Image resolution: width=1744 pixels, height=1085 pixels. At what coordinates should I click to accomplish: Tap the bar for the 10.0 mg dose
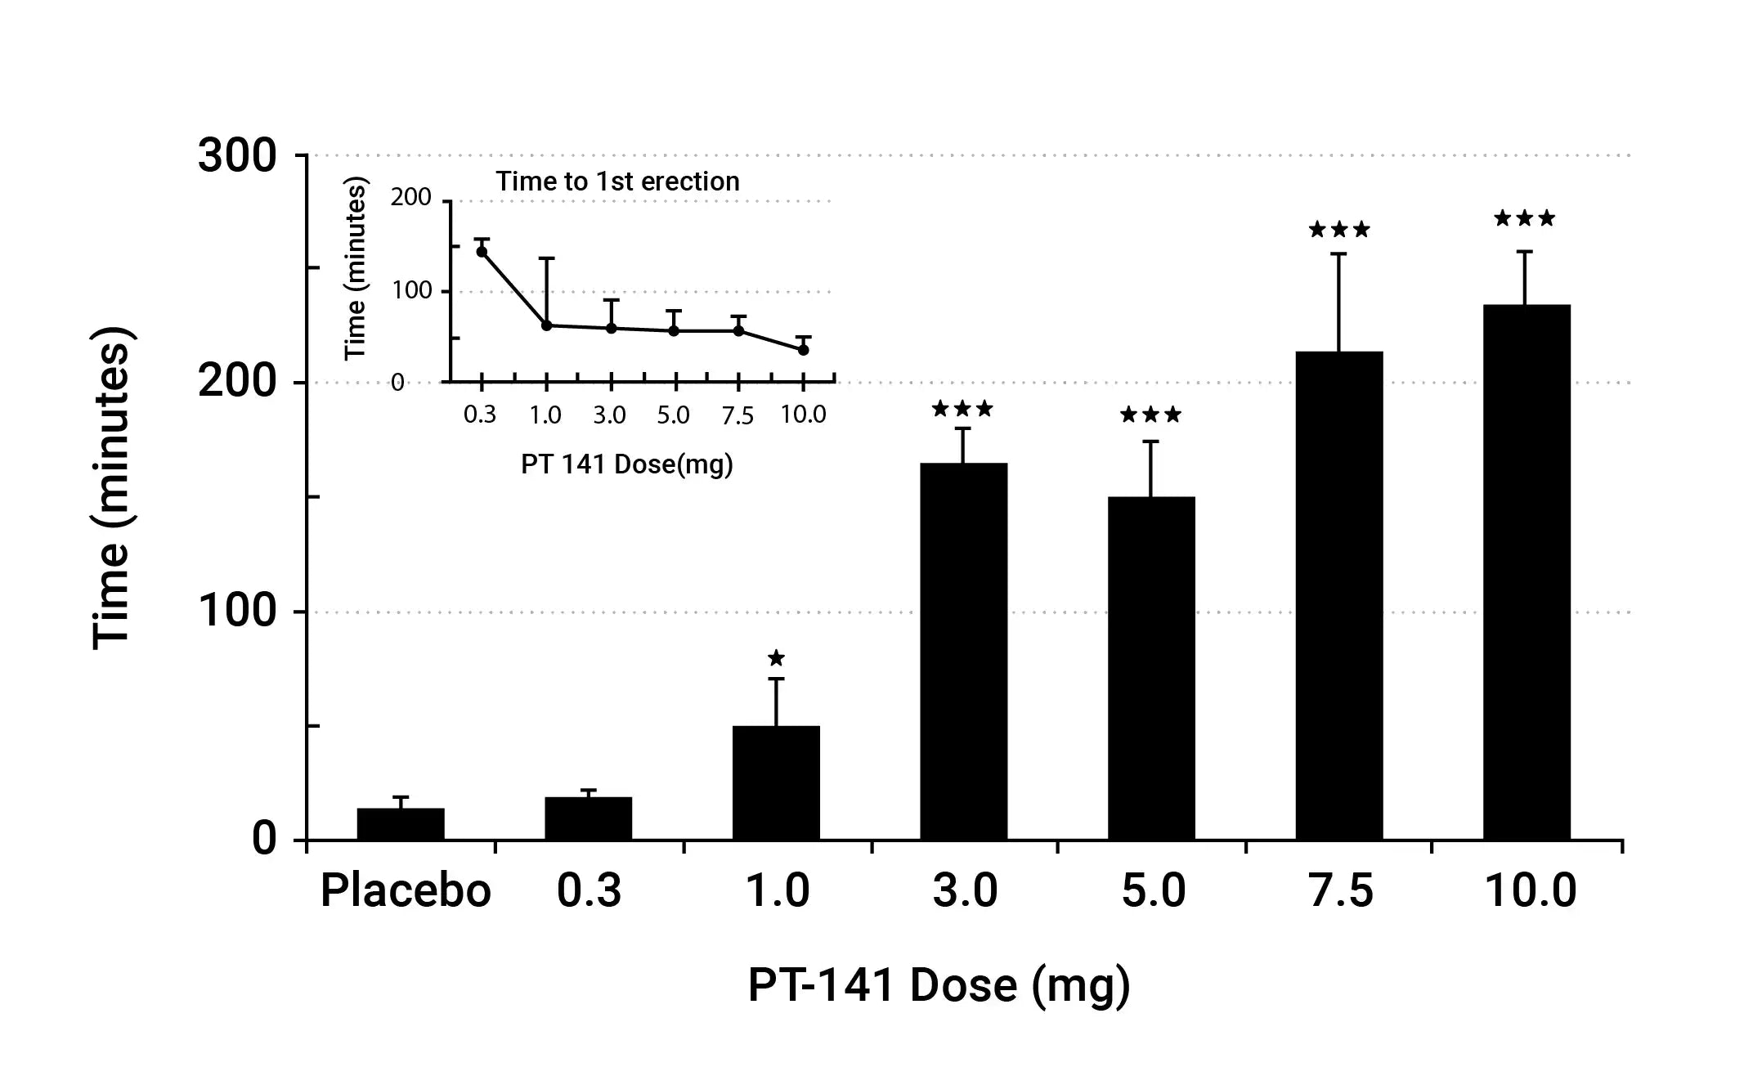click(x=1527, y=572)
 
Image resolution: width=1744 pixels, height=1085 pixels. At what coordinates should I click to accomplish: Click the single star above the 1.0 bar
click(x=776, y=658)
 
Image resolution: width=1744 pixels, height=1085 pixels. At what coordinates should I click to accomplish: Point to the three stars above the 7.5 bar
click(x=1339, y=230)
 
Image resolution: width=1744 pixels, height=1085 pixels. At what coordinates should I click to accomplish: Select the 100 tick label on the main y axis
click(x=237, y=611)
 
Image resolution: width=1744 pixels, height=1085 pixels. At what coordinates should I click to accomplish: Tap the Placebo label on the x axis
click(x=406, y=890)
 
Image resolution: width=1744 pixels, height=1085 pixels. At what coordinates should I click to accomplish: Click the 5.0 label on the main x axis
click(x=1153, y=890)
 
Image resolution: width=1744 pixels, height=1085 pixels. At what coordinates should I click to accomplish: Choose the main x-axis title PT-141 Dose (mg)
click(x=939, y=985)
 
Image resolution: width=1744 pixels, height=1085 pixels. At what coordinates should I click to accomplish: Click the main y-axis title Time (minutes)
click(x=112, y=488)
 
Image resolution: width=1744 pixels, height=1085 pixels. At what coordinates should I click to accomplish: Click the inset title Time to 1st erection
click(x=617, y=182)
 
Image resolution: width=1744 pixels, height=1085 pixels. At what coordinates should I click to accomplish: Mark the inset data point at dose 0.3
click(x=482, y=251)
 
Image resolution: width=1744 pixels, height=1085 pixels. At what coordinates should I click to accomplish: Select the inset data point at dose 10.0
click(x=803, y=349)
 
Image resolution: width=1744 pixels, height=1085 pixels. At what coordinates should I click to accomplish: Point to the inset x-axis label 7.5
click(x=738, y=416)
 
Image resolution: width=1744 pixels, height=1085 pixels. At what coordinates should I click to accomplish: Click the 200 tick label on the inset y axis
click(x=410, y=198)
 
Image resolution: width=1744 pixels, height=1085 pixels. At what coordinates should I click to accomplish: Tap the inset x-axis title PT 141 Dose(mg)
click(x=627, y=464)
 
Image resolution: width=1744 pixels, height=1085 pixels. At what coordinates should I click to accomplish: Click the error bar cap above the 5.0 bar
click(x=1151, y=442)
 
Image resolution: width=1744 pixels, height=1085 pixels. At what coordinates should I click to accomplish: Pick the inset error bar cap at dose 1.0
click(x=546, y=258)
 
